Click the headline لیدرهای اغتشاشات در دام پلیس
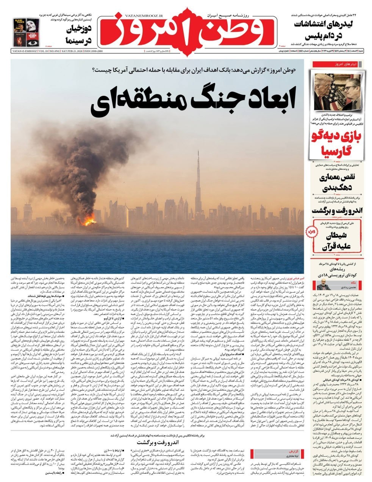point(328,30)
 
